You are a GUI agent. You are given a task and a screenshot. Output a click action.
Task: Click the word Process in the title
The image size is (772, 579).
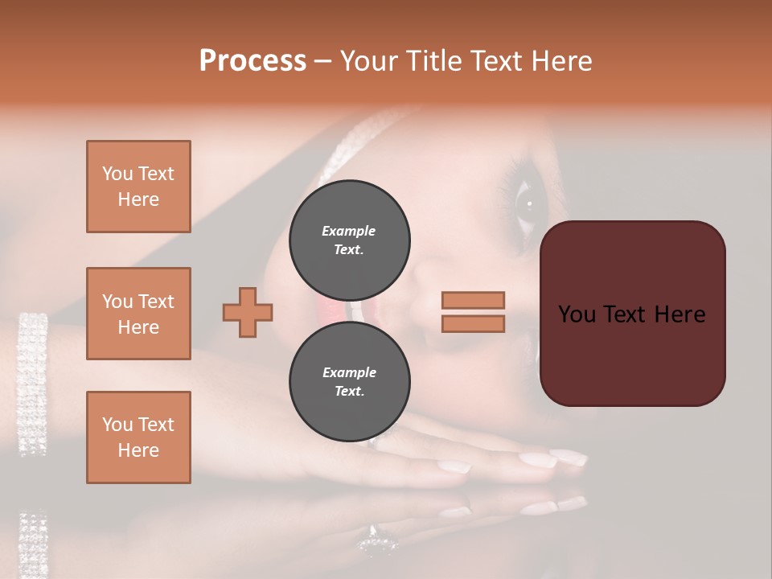[x=253, y=61]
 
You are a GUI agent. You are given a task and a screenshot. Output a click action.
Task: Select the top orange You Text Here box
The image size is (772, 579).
[x=138, y=187]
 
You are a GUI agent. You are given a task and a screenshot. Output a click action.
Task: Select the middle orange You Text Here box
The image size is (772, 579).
[x=138, y=314]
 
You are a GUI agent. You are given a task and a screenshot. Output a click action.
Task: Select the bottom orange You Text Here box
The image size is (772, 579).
[x=138, y=437]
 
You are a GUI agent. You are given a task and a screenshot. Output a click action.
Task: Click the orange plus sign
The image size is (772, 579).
[x=248, y=312]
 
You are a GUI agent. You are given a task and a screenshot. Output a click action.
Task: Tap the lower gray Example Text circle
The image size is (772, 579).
[x=349, y=381]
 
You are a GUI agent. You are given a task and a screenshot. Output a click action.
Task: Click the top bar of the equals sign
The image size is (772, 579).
[x=473, y=300]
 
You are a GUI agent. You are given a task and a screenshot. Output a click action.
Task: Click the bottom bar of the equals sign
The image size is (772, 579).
[x=473, y=324]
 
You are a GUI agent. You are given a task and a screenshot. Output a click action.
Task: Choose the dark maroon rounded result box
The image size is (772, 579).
[x=632, y=314]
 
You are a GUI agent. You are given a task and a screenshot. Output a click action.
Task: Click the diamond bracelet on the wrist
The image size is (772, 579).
[x=32, y=382]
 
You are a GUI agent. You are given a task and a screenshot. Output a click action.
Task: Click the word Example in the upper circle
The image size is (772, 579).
[x=349, y=231]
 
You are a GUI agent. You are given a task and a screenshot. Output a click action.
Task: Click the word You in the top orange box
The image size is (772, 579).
[x=117, y=174]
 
